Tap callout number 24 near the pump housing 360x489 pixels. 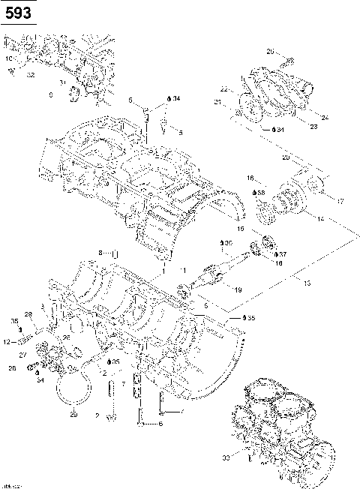click(x=304, y=117)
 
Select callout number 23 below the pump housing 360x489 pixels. click(x=292, y=127)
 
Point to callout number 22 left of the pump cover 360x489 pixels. click(x=244, y=89)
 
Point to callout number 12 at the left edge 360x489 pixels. click(x=5, y=341)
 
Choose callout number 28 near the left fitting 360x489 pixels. click(x=28, y=313)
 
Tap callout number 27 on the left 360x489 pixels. click(x=22, y=353)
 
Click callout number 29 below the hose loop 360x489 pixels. click(x=73, y=414)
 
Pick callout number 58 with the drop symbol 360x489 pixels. click(x=261, y=193)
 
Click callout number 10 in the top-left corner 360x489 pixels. click(x=9, y=58)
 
